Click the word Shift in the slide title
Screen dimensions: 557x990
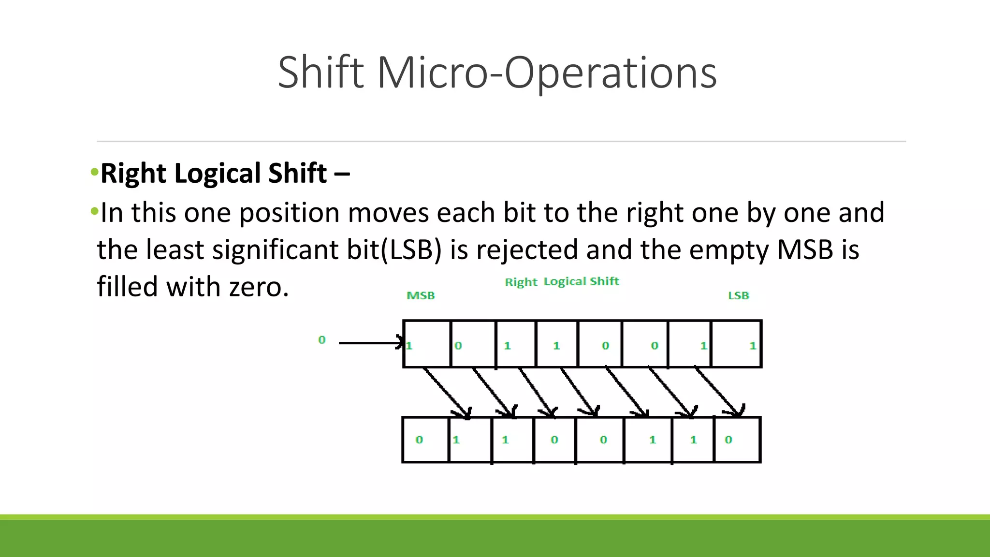[320, 73]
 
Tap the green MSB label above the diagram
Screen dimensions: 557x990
[421, 295]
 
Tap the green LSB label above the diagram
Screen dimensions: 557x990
[738, 295]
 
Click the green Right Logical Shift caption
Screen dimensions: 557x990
[562, 281]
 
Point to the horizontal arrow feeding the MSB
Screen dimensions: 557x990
[370, 343]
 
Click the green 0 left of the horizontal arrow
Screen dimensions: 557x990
[322, 340]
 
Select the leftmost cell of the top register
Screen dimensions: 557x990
[427, 344]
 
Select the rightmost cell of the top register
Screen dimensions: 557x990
[736, 344]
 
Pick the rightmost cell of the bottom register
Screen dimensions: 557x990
[737, 440]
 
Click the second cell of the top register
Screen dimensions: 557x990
[473, 344]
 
